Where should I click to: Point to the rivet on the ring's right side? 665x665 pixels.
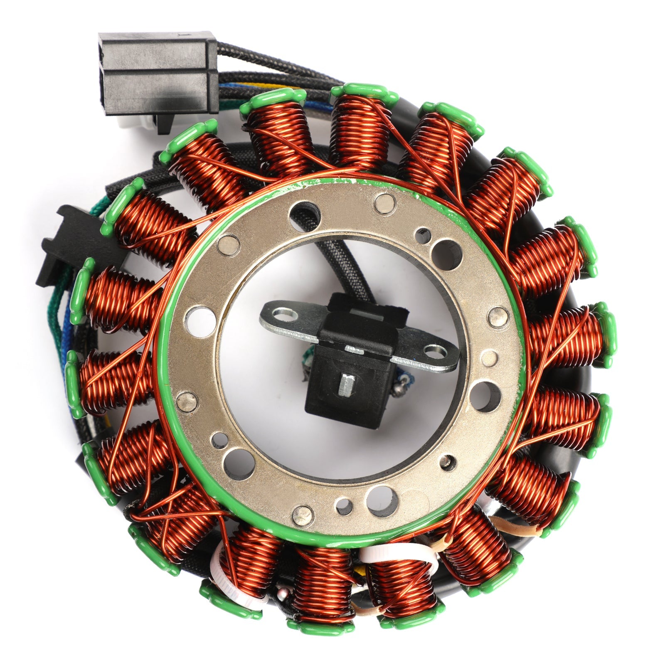[x=497, y=317]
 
